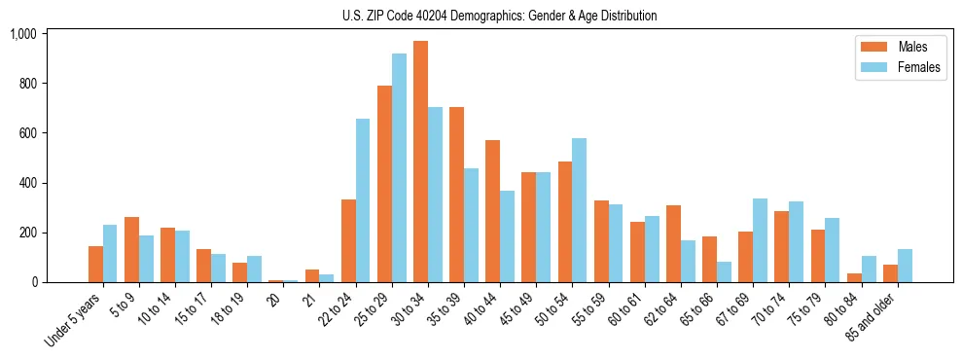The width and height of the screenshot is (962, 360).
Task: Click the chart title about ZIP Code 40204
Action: tap(499, 16)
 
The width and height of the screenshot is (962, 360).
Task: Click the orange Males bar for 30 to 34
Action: tap(420, 162)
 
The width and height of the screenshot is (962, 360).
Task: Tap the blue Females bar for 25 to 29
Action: tap(399, 167)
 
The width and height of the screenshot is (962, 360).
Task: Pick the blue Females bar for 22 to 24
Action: tap(363, 200)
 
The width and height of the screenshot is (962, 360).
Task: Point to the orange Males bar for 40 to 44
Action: tap(492, 211)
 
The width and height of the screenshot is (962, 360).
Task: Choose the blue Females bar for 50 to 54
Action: tap(580, 210)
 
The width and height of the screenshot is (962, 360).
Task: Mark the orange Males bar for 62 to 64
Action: tap(673, 243)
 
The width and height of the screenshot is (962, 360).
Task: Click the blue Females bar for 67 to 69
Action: tap(760, 240)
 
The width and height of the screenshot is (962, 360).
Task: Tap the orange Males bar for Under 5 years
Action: tap(95, 264)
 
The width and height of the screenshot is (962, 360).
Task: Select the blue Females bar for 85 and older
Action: tap(905, 266)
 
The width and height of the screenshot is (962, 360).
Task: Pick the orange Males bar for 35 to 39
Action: tap(456, 195)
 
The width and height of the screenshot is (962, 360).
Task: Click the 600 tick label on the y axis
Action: tap(27, 133)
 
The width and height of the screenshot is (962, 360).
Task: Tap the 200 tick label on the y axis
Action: tap(27, 233)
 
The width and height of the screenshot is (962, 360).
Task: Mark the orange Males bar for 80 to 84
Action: tap(854, 277)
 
